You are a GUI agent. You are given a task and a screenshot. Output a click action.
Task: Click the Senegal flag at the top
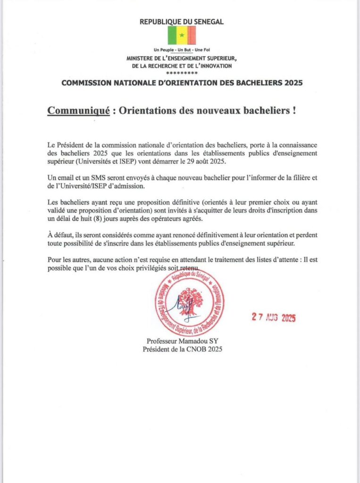click(x=182, y=35)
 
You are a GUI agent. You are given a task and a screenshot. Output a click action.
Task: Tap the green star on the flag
click(x=182, y=35)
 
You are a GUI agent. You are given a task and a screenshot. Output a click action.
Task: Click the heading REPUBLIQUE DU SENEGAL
click(x=182, y=21)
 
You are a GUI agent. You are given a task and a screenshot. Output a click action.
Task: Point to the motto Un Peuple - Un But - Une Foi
click(x=182, y=50)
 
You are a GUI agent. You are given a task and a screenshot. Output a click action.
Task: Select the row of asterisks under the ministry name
click(x=182, y=73)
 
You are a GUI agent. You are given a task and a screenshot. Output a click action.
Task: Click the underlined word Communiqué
click(x=78, y=111)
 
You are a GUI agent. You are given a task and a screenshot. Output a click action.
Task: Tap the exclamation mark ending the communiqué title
click(x=294, y=111)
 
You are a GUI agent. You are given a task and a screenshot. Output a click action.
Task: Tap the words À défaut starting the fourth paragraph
click(x=59, y=235)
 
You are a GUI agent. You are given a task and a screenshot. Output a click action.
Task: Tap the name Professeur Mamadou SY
click(x=182, y=341)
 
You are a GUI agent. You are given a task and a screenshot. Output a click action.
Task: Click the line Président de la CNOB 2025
click(x=182, y=349)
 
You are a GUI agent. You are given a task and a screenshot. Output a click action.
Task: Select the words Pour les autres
click(x=69, y=260)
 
